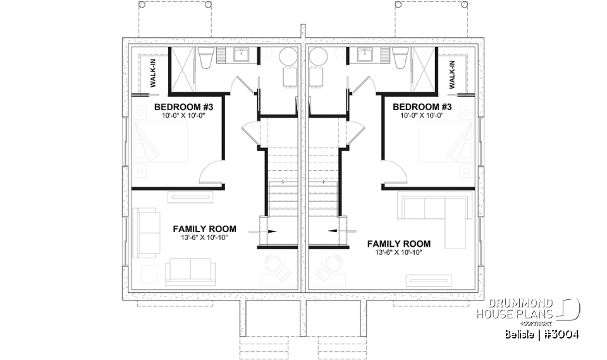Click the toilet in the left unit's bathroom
(x=205, y=59)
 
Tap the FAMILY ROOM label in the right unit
(x=398, y=244)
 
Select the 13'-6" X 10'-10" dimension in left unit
(x=204, y=237)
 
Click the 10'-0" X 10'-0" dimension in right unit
(x=422, y=115)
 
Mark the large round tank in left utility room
(x=288, y=56)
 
